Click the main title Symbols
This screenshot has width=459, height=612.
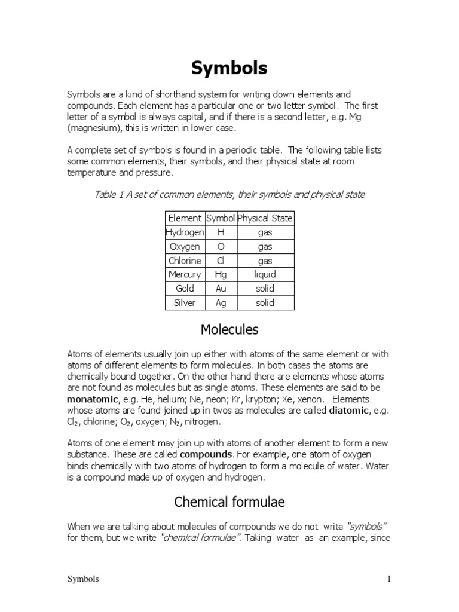click(x=229, y=69)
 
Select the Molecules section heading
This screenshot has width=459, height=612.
click(x=229, y=329)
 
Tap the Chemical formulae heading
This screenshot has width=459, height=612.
click(x=229, y=503)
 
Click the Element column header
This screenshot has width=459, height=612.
click(x=185, y=218)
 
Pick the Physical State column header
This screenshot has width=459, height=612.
click(x=265, y=218)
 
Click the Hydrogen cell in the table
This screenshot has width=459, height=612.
click(x=185, y=232)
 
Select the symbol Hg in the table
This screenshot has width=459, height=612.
click(x=221, y=274)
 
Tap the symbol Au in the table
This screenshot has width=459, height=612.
click(x=221, y=289)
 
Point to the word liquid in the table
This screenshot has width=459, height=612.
click(x=265, y=274)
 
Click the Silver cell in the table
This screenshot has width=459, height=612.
click(x=185, y=302)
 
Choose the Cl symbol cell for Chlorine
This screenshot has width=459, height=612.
click(x=221, y=261)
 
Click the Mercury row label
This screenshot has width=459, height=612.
click(x=185, y=274)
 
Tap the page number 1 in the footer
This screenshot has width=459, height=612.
click(x=389, y=579)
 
